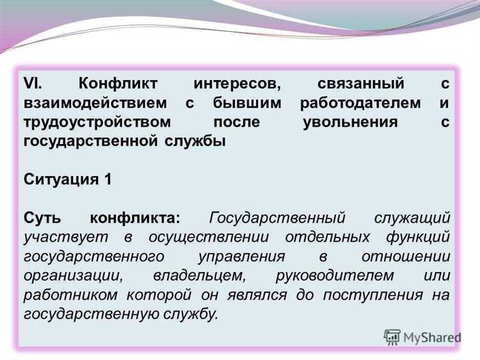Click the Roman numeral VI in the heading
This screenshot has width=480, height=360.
pyautogui.click(x=32, y=84)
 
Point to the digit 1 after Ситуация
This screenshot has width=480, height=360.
pyautogui.click(x=107, y=179)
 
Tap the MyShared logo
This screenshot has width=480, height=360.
pyautogui.click(x=422, y=337)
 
